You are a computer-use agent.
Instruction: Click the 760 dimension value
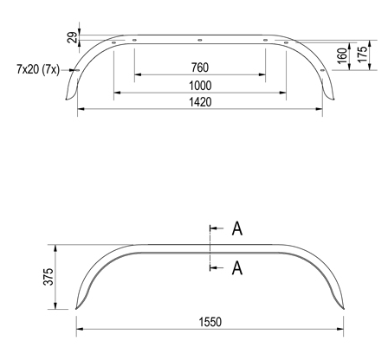200,67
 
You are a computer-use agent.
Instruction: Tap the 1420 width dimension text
200,102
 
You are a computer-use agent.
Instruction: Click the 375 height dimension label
48,277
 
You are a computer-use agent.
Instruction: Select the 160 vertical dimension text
340,55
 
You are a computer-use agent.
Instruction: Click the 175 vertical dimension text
363,55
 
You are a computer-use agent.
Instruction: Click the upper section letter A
236,229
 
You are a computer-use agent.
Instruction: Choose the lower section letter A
236,268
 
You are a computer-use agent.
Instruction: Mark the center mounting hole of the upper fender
199,39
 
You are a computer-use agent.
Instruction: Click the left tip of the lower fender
74,309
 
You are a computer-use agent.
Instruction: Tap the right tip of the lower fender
346,309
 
